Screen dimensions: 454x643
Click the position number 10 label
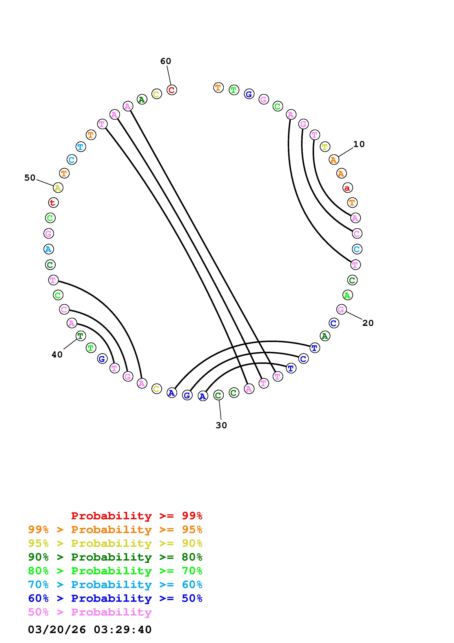[359, 144]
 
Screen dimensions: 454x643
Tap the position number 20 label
[368, 323]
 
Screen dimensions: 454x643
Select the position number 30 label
[221, 425]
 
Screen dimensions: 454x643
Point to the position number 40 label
[57, 355]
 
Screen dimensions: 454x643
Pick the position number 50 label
[30, 178]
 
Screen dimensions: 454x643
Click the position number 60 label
[166, 61]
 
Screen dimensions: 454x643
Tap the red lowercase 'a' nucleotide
[347, 188]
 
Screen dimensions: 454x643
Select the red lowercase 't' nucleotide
[53, 203]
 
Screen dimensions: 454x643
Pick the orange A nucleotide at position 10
[334, 160]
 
